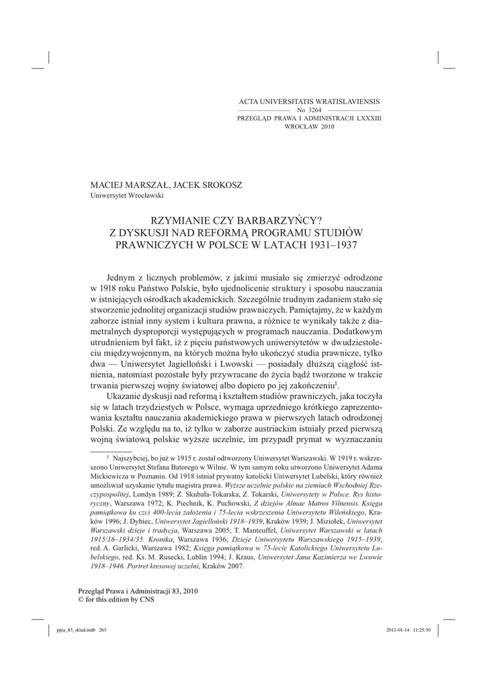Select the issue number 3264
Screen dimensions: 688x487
(x=314, y=110)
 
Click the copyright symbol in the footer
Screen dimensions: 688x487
(x=83, y=599)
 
